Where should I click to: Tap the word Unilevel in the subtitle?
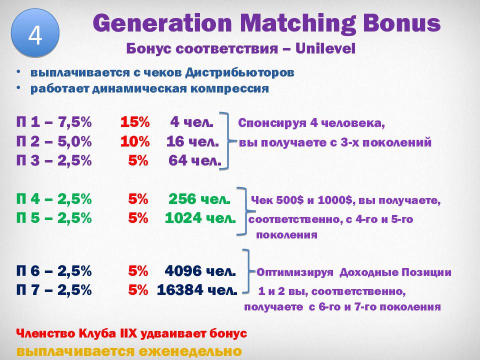[326, 49]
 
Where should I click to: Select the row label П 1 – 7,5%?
[53, 122]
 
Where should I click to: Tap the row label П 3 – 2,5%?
[53, 161]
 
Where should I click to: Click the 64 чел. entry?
[194, 161]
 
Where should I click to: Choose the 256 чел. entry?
[199, 199]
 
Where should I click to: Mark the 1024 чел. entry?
[199, 219]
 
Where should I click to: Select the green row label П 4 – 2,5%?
[53, 199]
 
